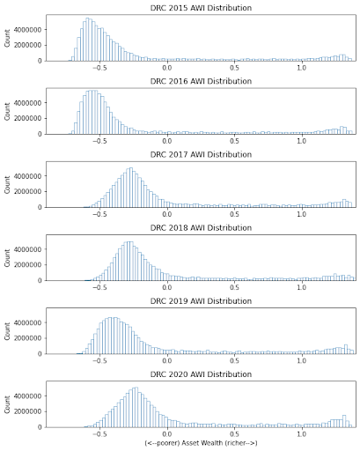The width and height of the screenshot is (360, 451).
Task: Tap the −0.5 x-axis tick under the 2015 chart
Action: (x=99, y=67)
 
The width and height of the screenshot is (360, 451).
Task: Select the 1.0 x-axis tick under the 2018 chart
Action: (x=302, y=286)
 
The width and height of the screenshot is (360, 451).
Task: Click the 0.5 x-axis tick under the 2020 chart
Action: (x=234, y=433)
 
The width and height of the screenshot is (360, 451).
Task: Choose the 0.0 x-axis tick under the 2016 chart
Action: (x=166, y=140)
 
